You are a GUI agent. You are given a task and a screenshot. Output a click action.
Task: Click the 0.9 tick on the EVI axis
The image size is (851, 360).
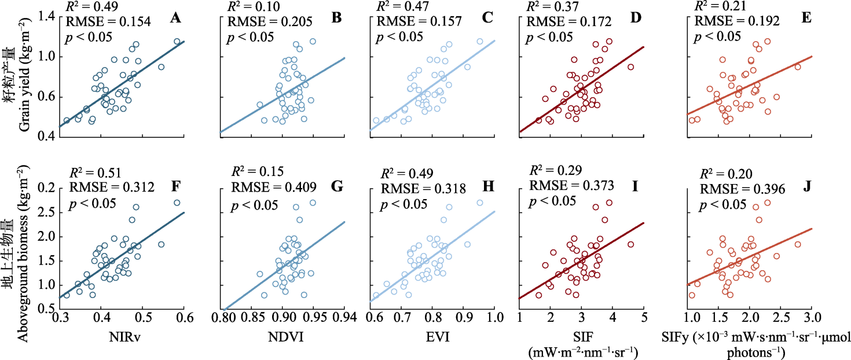click(464, 317)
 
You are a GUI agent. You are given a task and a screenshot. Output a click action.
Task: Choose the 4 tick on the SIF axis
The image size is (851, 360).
click(612, 317)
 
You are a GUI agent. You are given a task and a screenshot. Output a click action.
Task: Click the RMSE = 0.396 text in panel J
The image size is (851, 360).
click(731, 190)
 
